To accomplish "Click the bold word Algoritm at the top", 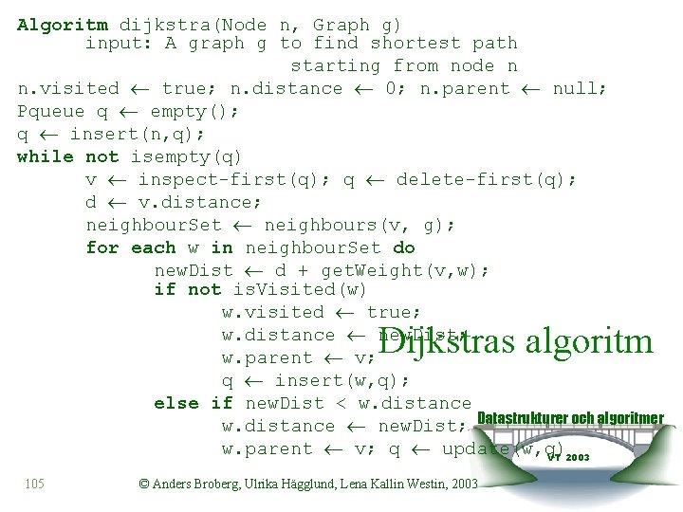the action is [x=63, y=25].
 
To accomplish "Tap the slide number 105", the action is [x=34, y=485].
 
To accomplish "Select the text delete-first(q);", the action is [x=487, y=179].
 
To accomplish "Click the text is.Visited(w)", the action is [x=300, y=289].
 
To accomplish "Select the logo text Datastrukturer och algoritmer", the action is [x=570, y=418].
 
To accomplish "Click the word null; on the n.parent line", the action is [x=581, y=88].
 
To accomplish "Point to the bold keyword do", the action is [x=404, y=247].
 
